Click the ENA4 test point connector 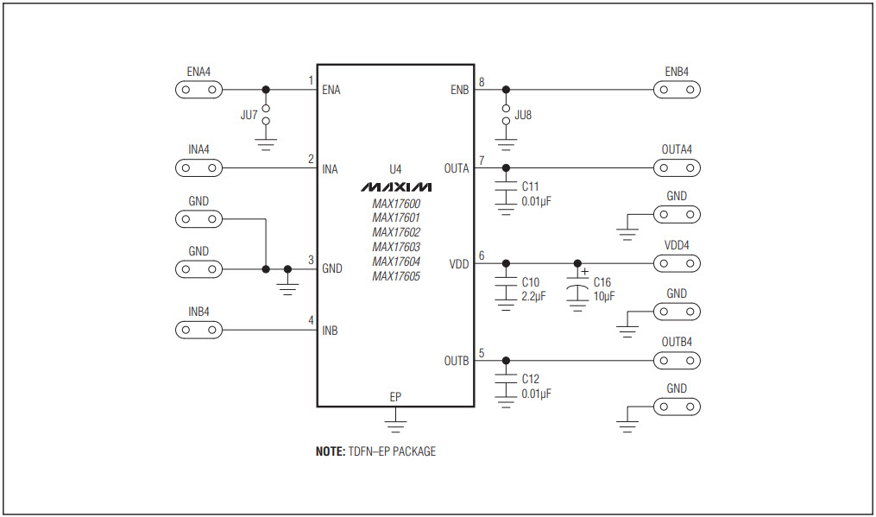coord(199,90)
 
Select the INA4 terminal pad coord(199,167)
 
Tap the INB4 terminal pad coord(199,330)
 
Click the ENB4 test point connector coord(677,90)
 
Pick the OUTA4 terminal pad coord(677,167)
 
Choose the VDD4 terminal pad coord(677,263)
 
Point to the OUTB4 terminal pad coord(677,360)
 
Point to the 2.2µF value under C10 coord(533,297)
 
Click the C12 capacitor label coord(530,379)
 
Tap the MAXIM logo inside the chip coord(395,186)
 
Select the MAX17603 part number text coord(395,247)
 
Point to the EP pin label coord(395,397)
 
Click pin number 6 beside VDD coord(482,255)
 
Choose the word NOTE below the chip coord(329,451)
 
